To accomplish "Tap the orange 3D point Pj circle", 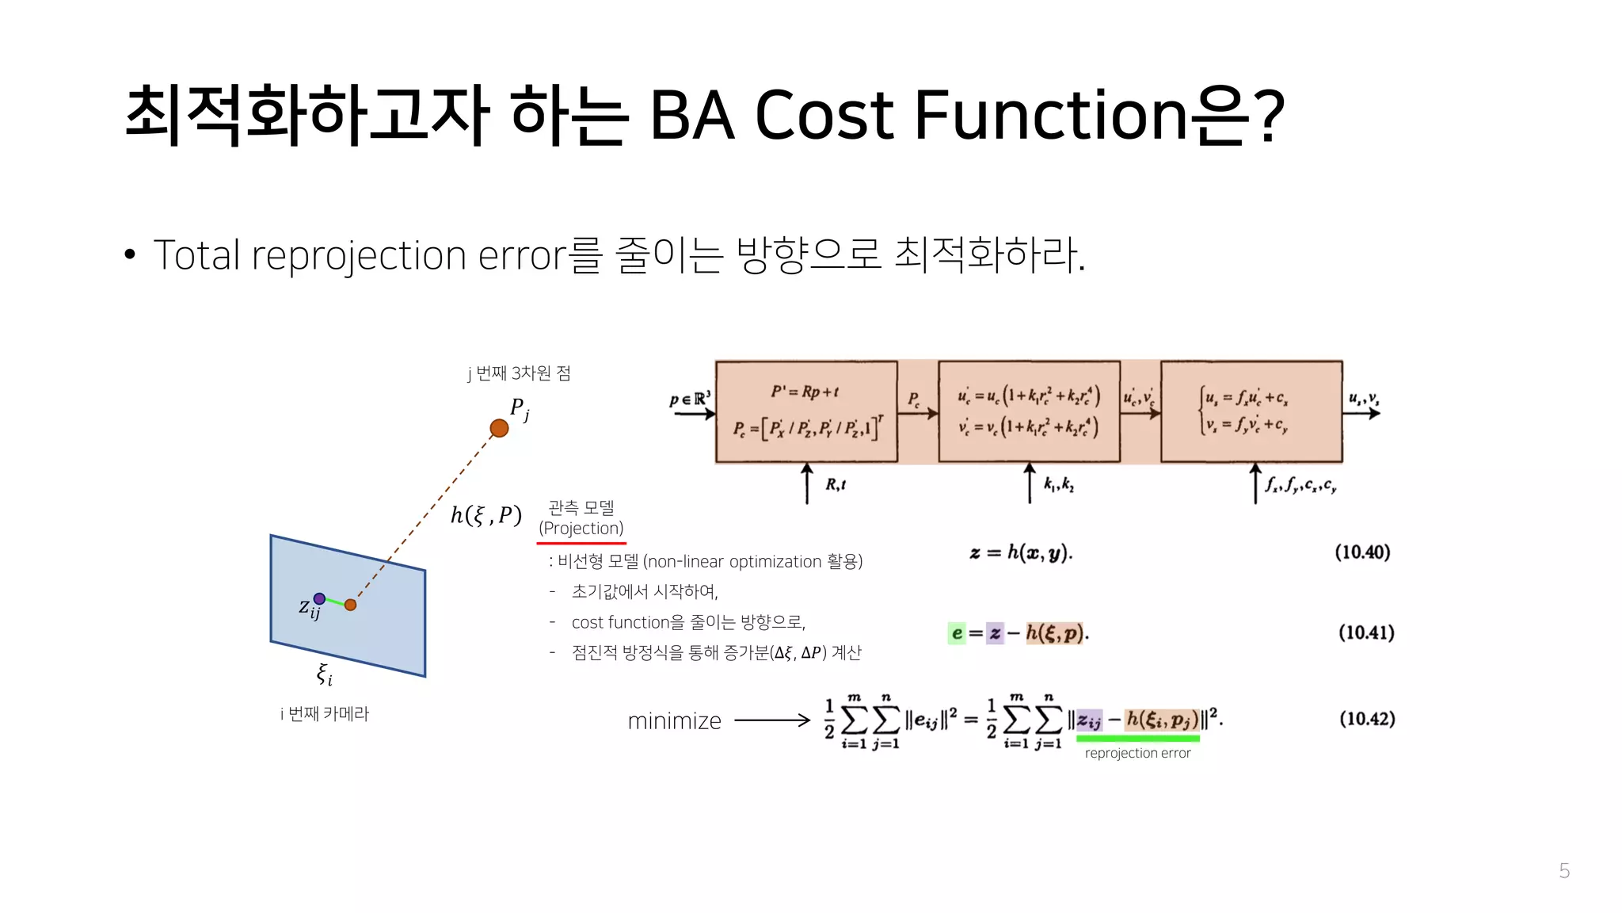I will click(x=499, y=429).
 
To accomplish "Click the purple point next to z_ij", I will click(x=319, y=598).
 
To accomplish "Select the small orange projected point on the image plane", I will click(x=350, y=605).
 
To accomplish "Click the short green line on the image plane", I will click(x=335, y=602).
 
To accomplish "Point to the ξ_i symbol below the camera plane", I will click(x=324, y=674).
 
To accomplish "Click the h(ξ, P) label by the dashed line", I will click(x=485, y=515).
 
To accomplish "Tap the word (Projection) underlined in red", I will click(x=581, y=529).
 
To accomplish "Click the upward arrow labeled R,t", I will click(x=807, y=484).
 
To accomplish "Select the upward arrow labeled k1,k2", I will click(x=1030, y=484).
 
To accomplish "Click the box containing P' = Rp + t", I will click(x=806, y=411).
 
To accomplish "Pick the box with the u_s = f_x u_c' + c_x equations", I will click(x=1251, y=411).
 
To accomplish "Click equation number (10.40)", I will click(x=1362, y=552).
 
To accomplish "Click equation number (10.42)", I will click(x=1367, y=719).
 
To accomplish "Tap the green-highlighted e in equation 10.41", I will click(x=957, y=633).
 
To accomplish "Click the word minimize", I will click(x=674, y=721).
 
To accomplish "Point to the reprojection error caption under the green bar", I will click(x=1137, y=754).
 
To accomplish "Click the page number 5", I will click(x=1563, y=871).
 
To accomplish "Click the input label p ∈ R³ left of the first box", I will click(x=690, y=400).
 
